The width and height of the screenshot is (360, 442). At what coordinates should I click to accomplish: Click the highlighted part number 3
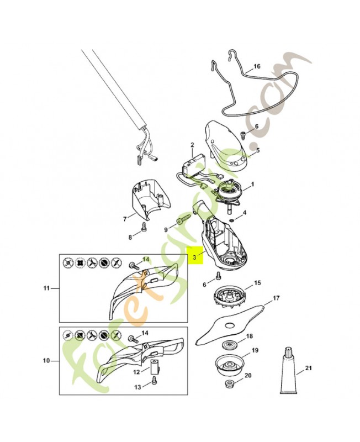pos(194,257)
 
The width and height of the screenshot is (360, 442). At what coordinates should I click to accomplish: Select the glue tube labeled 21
pos(289,370)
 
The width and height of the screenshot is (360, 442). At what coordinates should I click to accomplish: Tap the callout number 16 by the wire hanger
pos(257,66)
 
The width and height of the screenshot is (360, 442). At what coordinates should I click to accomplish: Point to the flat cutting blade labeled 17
pos(231,322)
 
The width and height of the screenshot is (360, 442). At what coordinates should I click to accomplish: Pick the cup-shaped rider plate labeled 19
pos(229,364)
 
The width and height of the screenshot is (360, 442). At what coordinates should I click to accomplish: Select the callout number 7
pos(125,219)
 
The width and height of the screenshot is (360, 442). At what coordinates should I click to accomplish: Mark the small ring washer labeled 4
pos(231,219)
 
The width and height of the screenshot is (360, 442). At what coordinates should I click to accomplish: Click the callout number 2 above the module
pos(192,145)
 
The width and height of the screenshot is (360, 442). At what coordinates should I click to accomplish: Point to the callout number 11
pos(46,288)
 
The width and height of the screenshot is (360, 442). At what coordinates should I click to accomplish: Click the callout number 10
pos(46,361)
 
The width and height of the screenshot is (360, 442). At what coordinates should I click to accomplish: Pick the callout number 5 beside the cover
pos(258,150)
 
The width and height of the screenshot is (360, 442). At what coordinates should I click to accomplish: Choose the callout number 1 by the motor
pos(252,185)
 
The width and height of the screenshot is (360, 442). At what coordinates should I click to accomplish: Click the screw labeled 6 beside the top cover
pos(242,135)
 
